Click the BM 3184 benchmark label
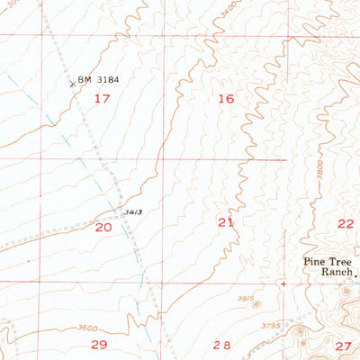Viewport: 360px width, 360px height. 99,80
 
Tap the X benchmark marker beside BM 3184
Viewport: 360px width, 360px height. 72,84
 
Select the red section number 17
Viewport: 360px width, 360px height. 105,98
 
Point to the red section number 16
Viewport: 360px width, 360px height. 226,99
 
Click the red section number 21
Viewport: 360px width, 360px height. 226,221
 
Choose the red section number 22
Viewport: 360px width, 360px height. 346,223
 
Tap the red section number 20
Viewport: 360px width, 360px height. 104,229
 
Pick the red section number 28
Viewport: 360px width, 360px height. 221,345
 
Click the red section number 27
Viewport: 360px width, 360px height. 343,346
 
